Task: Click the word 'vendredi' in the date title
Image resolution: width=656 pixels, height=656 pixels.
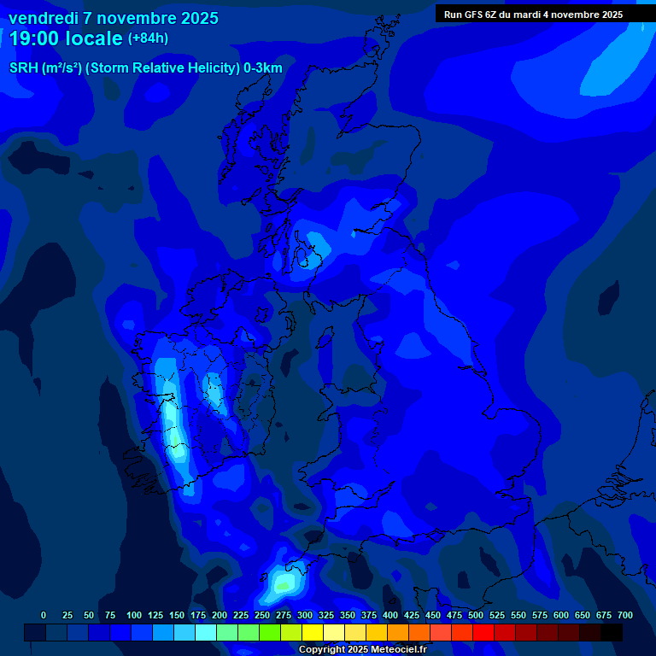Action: (x=44, y=18)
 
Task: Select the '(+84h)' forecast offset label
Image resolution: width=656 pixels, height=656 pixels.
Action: (x=148, y=38)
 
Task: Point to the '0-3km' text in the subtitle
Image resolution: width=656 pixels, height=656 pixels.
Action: (x=263, y=68)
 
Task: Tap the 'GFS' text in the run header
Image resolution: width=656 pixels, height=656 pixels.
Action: (x=472, y=15)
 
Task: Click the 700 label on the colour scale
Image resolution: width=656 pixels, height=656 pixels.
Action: (x=624, y=615)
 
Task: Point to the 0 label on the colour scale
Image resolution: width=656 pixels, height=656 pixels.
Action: (x=44, y=615)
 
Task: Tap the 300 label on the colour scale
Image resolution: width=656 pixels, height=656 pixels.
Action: (x=305, y=615)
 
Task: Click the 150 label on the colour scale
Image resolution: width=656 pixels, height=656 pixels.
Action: (x=177, y=615)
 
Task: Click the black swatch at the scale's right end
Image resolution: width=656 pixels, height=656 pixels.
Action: (x=612, y=632)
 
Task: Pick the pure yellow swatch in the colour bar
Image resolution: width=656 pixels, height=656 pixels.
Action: (x=313, y=632)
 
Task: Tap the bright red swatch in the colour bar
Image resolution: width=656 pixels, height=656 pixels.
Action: (x=483, y=632)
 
